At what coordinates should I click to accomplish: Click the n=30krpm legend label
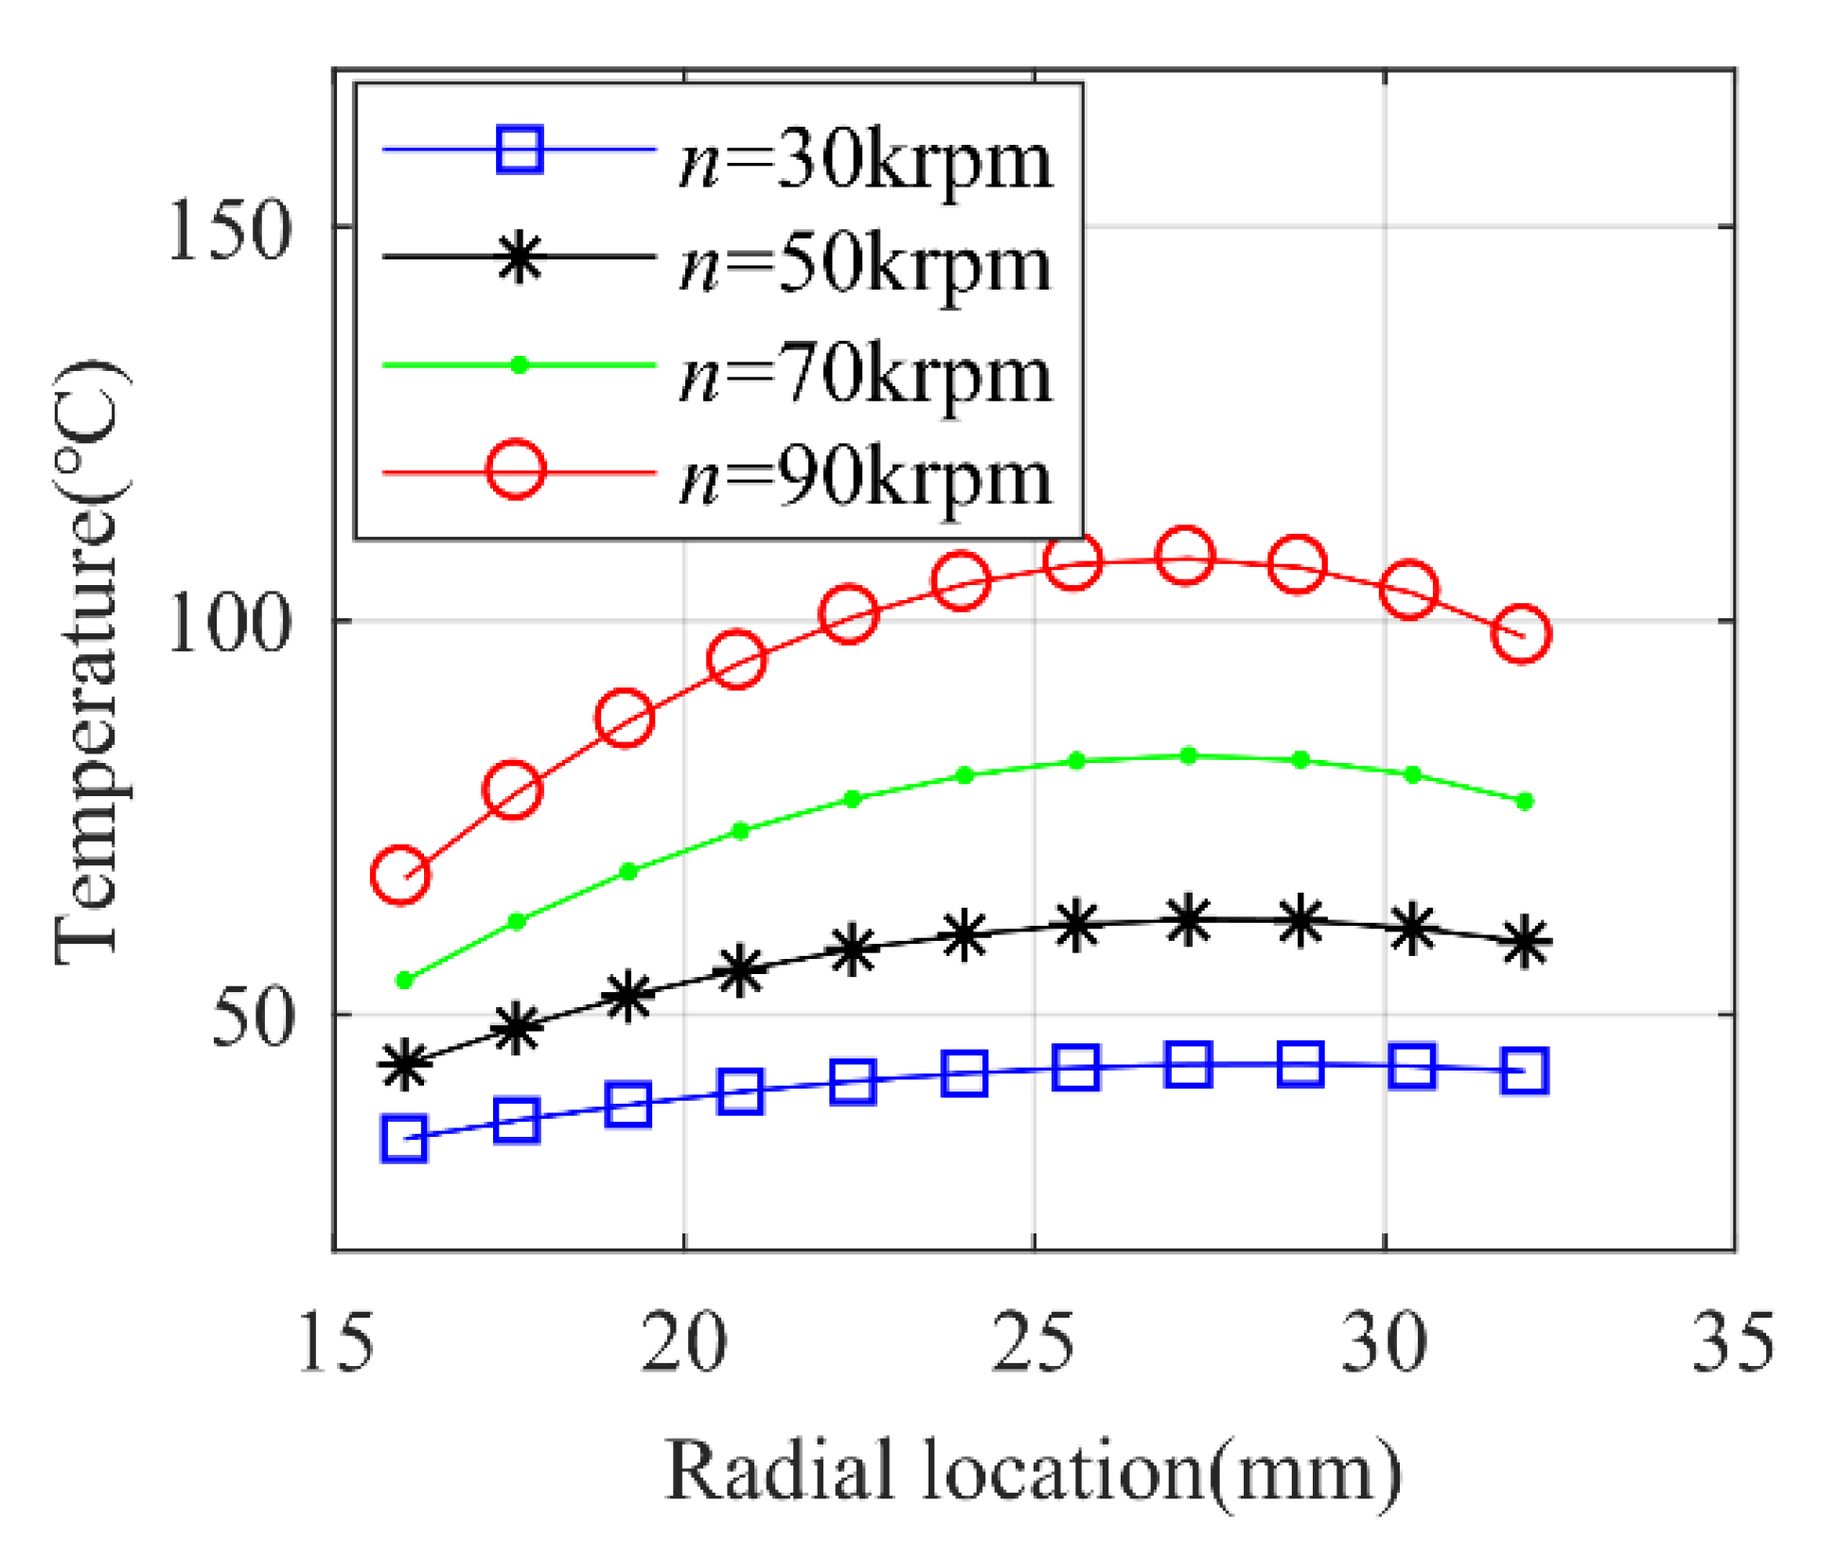point(865,161)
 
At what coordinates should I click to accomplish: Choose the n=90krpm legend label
point(865,479)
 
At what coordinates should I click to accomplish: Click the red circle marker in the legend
point(516,470)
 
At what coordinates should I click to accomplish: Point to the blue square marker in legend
point(520,150)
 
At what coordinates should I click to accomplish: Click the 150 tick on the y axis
point(228,230)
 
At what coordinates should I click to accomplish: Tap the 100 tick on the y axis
point(228,624)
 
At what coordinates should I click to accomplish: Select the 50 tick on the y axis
point(252,1019)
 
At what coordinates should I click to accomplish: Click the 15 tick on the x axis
point(335,1343)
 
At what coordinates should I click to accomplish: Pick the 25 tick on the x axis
point(1034,1343)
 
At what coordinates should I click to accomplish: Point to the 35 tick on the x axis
point(1733,1343)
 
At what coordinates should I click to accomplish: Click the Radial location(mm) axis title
point(1034,1473)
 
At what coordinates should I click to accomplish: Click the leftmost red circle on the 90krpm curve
point(400,876)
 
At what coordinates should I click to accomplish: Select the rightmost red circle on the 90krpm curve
point(1522,634)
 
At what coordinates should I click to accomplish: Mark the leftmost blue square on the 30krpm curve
point(404,1139)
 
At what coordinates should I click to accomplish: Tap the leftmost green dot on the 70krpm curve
point(405,981)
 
